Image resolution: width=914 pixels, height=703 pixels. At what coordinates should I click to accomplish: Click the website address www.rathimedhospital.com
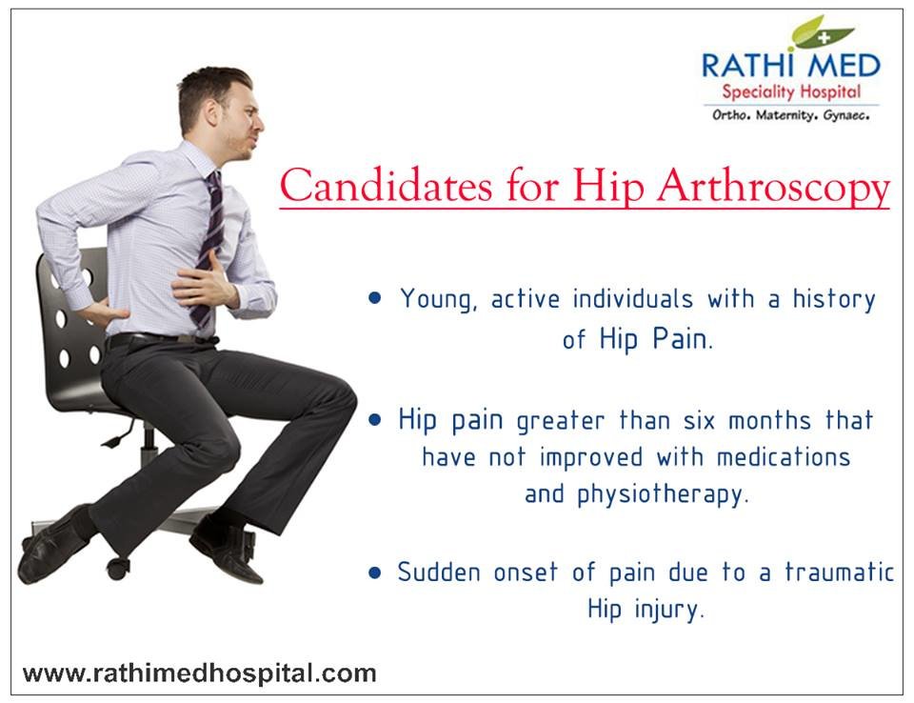click(199, 673)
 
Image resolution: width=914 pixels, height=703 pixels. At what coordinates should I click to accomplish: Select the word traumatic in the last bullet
click(839, 572)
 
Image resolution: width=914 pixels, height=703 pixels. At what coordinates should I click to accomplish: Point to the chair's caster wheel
click(118, 569)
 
